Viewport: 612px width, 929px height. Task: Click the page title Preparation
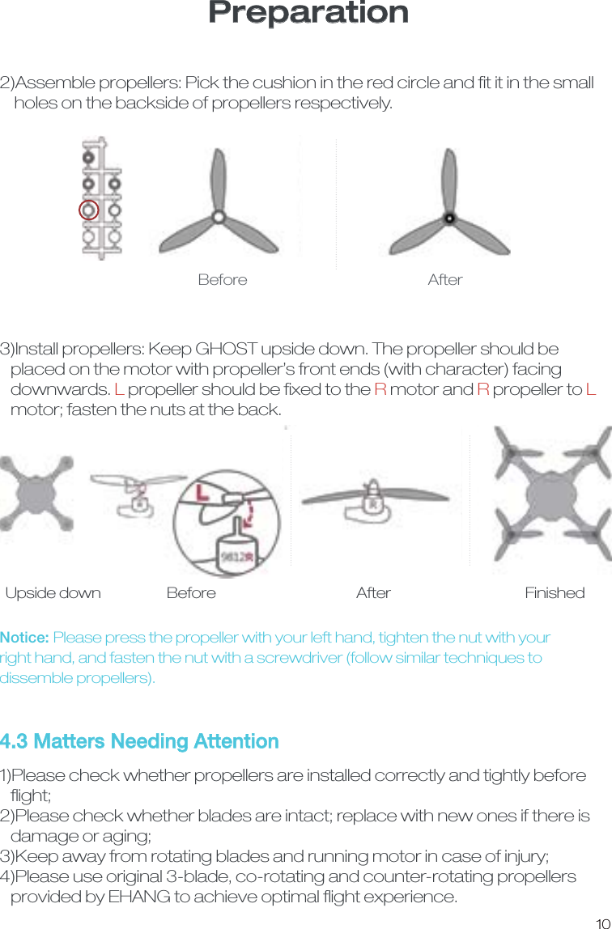[308, 13]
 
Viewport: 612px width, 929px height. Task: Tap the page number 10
[601, 918]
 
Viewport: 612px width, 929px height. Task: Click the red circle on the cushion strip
[89, 210]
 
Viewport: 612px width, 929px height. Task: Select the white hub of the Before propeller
[218, 216]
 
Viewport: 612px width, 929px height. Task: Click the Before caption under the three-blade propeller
[223, 280]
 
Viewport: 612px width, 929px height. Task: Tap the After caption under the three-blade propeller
[445, 280]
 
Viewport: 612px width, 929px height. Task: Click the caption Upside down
[53, 593]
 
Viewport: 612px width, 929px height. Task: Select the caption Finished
[555, 593]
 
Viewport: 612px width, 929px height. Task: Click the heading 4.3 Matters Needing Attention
[139, 741]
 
